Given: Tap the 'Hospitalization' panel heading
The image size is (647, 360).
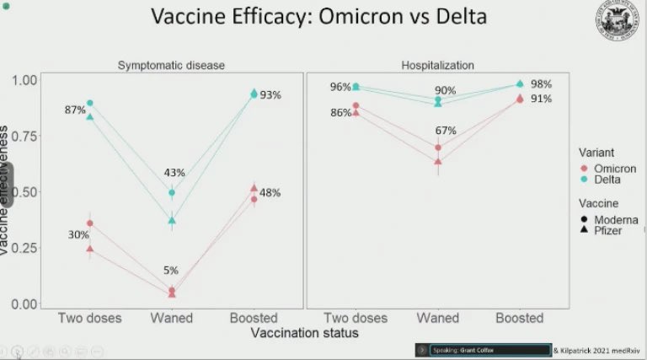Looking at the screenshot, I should (437, 65).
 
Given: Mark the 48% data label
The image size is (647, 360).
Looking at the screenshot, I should (270, 193).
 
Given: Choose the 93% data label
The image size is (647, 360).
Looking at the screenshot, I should (270, 95).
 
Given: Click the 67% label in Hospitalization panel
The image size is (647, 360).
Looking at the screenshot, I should (446, 131).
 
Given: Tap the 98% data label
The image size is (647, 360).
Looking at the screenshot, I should (541, 84).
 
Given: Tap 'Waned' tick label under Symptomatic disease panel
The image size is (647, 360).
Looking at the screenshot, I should (172, 318).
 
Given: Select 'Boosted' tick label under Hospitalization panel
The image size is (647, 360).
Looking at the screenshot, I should (519, 318).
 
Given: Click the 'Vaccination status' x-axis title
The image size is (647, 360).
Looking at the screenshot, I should (303, 334).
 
